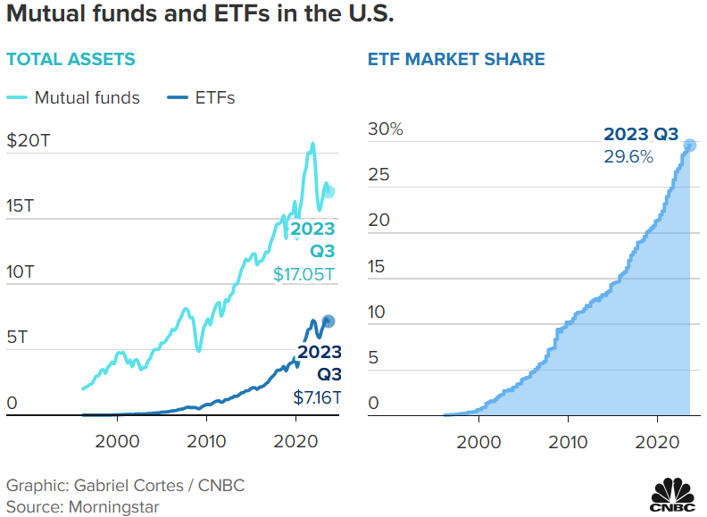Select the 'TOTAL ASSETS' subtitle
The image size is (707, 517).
[71, 60]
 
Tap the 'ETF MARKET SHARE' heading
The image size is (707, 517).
[456, 60]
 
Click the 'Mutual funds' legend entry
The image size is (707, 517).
[87, 98]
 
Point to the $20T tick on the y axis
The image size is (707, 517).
[29, 139]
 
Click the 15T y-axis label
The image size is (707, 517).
[21, 205]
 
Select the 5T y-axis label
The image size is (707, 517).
[18, 338]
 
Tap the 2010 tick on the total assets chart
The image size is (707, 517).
[206, 439]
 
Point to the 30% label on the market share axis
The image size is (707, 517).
[386, 129]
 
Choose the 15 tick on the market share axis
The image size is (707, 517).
[378, 266]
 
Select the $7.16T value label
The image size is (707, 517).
[314, 396]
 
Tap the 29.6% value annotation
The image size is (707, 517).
[628, 156]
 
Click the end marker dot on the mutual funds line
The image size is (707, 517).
[329, 192]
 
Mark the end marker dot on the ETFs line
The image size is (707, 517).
[328, 321]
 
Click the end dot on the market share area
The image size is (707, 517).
[689, 146]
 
